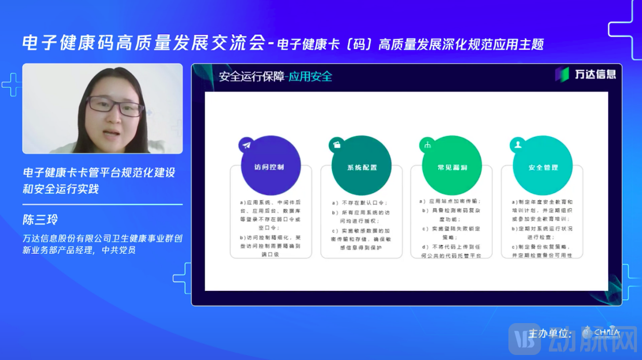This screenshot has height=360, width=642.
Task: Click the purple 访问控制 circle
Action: (x=271, y=166)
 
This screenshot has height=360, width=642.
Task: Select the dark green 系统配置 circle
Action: (x=361, y=166)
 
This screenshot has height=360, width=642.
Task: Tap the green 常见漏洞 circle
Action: (x=451, y=166)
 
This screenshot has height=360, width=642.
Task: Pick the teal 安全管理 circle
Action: (x=542, y=166)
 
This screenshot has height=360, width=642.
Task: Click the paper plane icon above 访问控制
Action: (x=246, y=145)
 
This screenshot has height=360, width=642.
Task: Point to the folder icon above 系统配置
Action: (x=337, y=145)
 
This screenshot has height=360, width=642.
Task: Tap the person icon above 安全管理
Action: (x=518, y=145)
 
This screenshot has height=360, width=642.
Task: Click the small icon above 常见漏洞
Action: (x=427, y=145)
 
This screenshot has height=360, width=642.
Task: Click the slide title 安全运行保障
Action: (x=251, y=77)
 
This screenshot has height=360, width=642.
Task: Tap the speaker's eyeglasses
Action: (x=115, y=106)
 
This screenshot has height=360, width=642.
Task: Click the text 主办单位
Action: (x=550, y=334)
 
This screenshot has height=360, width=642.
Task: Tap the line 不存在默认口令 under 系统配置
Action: (x=362, y=203)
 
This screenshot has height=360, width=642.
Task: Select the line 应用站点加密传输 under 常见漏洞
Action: (x=452, y=201)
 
